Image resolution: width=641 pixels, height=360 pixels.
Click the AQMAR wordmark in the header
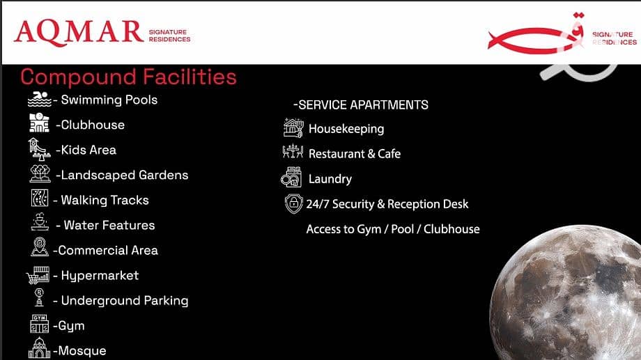(x=79, y=32)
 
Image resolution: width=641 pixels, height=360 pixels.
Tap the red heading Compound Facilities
(x=128, y=77)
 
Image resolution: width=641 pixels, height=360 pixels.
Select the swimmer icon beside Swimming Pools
(x=39, y=100)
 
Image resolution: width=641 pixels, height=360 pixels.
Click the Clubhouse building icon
(x=39, y=123)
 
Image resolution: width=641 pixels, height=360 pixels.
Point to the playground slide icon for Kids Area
(x=39, y=149)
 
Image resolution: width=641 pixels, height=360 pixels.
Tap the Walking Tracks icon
(x=40, y=198)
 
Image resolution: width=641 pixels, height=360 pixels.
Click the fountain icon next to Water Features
(x=40, y=222)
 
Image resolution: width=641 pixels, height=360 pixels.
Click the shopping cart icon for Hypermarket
(x=38, y=275)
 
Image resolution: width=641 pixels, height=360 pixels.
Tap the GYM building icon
(x=39, y=324)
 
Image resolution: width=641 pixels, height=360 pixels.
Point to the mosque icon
(x=39, y=348)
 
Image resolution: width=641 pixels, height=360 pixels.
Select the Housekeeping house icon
(x=293, y=127)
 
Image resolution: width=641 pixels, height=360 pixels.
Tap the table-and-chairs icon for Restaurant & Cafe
(x=293, y=152)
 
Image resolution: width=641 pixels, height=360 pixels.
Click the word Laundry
(x=330, y=179)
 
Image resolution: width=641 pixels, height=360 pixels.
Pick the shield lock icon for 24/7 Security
(x=293, y=203)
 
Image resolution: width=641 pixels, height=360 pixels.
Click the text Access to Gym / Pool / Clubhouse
(x=393, y=229)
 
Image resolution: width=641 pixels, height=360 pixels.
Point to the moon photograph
(x=566, y=292)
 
